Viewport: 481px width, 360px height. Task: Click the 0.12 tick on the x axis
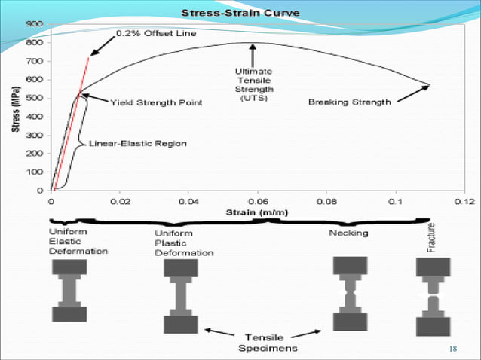[464, 201]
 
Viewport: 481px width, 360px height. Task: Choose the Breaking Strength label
[350, 102]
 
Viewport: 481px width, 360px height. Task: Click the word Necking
[348, 233]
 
